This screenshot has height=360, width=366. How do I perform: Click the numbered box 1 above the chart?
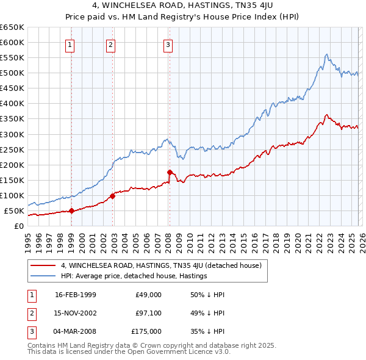coord(71,44)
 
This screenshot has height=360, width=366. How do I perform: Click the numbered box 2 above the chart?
coord(110,44)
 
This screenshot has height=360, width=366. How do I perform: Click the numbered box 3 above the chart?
coord(168,44)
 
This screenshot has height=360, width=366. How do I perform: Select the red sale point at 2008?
coord(170,172)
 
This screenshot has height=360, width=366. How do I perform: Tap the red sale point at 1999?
coord(71,211)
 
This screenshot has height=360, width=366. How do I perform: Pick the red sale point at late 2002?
coord(112,196)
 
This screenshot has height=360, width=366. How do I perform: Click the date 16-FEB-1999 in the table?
coord(76,295)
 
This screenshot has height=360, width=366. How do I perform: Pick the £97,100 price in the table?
coord(148,313)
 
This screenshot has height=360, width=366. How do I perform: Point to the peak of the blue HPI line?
coord(327,54)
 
